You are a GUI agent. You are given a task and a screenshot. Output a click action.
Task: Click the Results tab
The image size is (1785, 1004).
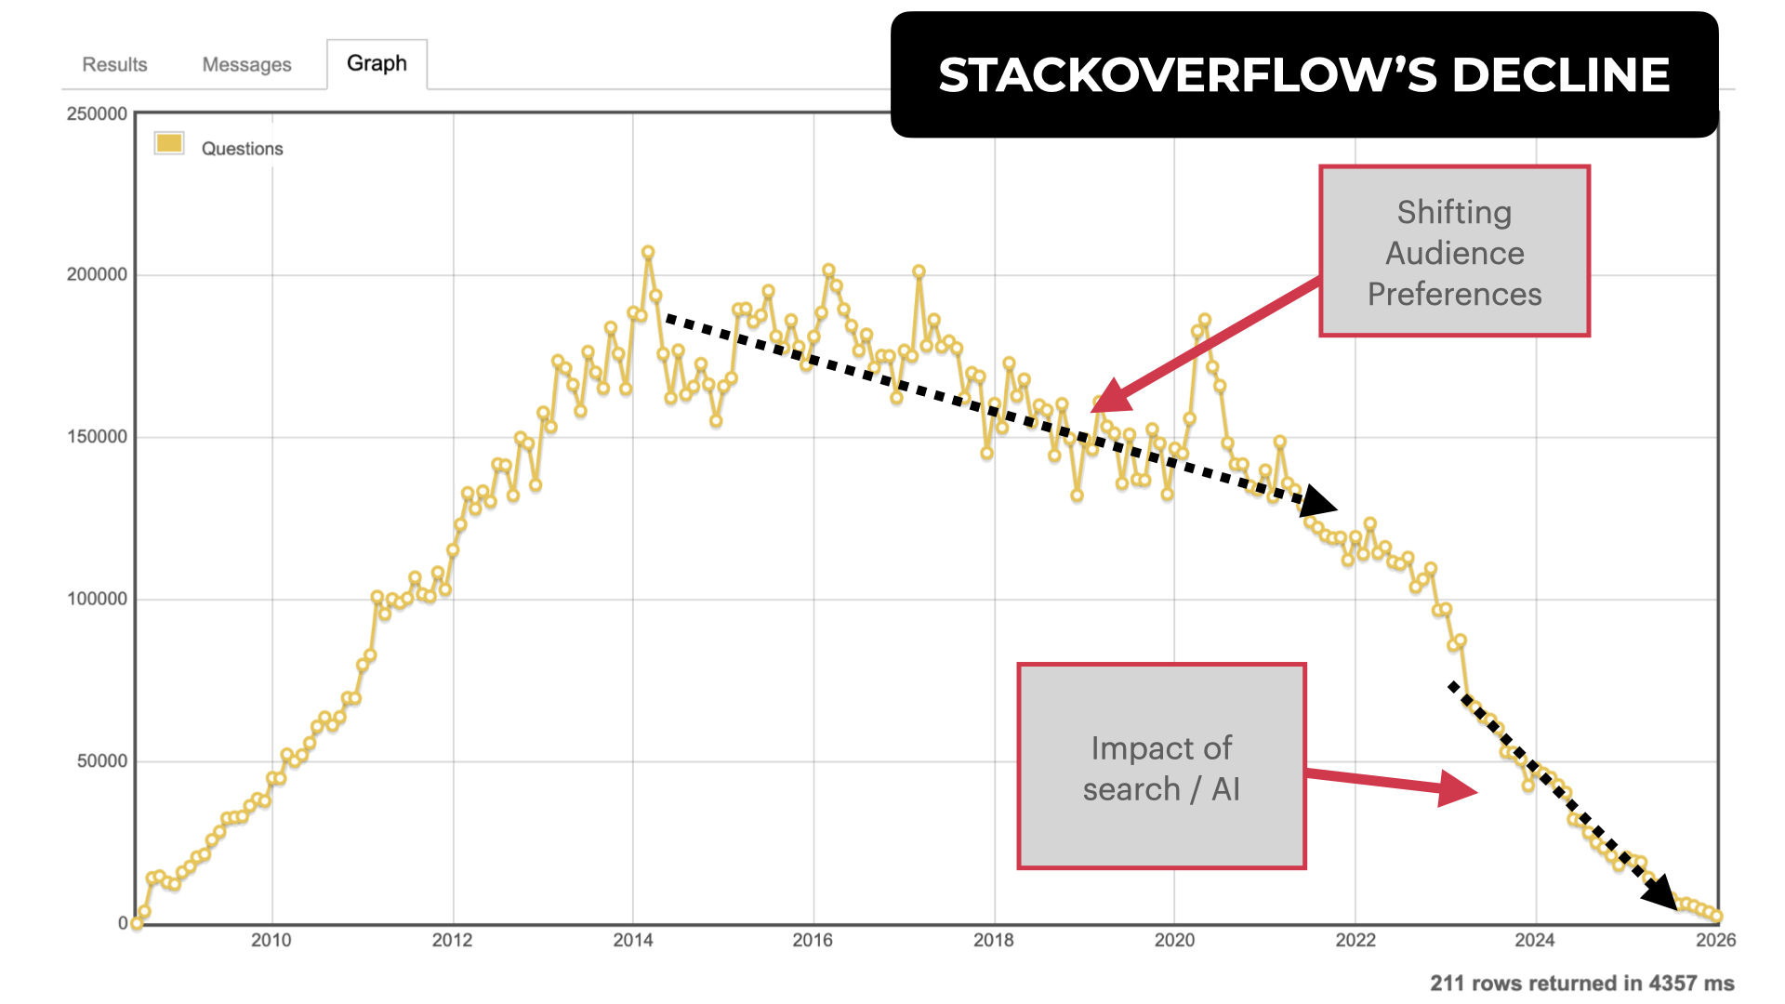114,64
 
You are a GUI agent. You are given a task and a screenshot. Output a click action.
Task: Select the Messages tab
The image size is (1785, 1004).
246,64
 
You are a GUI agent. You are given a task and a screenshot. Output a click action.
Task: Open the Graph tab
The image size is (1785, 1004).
377,63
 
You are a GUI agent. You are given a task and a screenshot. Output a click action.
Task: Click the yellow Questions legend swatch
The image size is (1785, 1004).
169,143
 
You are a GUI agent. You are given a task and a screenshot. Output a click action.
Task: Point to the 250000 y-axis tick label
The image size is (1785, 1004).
97,113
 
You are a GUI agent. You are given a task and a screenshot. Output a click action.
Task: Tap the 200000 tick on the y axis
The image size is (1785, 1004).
97,274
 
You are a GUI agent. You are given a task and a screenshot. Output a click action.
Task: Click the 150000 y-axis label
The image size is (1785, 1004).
97,437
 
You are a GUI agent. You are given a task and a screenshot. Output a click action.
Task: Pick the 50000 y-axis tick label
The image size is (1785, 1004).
101,760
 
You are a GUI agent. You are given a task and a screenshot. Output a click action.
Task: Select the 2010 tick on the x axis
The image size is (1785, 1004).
271,940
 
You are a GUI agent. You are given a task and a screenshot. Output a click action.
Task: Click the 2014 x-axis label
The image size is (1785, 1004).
633,940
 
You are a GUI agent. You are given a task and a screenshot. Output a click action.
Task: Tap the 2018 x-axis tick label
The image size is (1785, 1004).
994,940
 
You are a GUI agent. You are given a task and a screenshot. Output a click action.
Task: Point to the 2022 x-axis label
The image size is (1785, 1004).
1355,940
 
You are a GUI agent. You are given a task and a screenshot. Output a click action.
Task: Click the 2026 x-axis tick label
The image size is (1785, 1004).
1715,940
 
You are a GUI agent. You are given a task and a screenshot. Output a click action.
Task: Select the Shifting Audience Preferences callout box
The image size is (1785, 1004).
1454,252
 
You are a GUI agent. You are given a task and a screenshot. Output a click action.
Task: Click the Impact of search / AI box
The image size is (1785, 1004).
1161,767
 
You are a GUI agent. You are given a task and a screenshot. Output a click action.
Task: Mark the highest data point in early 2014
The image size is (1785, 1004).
648,253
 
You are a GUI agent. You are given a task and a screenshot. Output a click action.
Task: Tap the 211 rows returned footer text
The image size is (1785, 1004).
1581,983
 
